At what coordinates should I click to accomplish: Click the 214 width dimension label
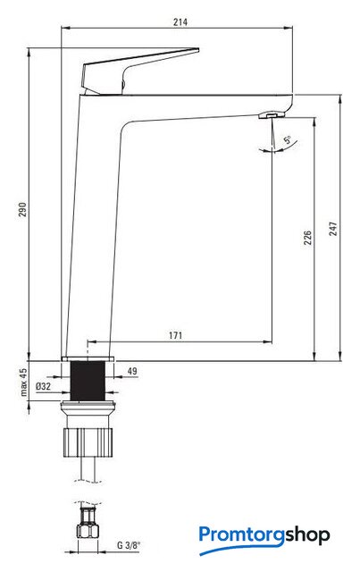pos(180,21)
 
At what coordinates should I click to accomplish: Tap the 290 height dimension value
pos(23,209)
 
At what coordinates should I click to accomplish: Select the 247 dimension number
pos(333,229)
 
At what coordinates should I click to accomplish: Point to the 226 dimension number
pos(308,237)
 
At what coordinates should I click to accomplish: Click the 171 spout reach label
pos(175,335)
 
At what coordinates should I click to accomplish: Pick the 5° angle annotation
pos(288,139)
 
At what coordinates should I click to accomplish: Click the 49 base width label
pos(132,371)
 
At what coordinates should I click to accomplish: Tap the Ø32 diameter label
pos(44,386)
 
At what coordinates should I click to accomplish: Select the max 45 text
pos(23,382)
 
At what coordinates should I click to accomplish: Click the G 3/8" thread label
pos(129,545)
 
